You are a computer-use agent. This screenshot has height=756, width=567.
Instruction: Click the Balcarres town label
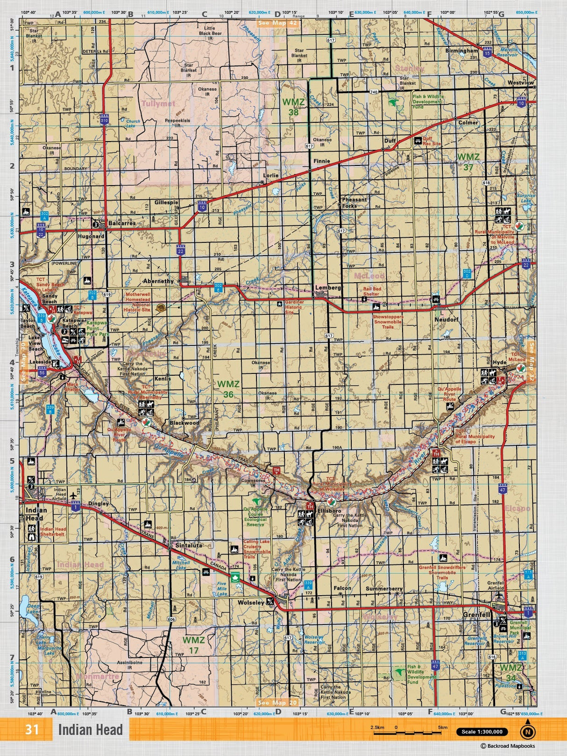pos(122,223)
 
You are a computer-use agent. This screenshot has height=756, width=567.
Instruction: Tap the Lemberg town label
pos(328,288)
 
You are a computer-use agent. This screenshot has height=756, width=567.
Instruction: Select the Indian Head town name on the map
pos(36,514)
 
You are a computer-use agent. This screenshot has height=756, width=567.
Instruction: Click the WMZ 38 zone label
pos(293,107)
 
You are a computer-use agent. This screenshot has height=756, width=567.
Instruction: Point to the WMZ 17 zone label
pos(193,645)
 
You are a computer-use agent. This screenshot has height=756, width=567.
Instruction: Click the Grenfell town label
pos(476,615)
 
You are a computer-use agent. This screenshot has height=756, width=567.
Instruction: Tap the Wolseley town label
pos(251,603)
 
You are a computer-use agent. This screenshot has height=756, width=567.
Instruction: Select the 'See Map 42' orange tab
pos(277,23)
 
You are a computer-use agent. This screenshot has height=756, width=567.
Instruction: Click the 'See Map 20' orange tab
pos(277,702)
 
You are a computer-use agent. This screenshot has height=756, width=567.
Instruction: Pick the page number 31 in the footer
pos(32,730)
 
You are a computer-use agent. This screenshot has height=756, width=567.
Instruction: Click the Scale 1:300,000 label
pos(482,732)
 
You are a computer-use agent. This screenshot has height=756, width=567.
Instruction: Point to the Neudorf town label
pos(447,320)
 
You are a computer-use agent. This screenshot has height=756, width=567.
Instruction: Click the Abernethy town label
pos(158,281)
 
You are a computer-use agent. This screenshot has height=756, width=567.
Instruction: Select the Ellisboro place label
pos(329,511)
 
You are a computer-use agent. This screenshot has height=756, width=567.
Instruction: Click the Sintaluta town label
pos(189,545)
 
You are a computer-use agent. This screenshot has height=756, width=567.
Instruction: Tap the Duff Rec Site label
pos(432,141)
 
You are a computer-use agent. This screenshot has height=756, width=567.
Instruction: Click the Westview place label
pos(520,83)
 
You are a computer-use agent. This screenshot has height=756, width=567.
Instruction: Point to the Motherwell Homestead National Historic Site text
pos(137,302)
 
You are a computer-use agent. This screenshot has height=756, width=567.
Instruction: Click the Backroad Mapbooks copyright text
pos(508,746)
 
